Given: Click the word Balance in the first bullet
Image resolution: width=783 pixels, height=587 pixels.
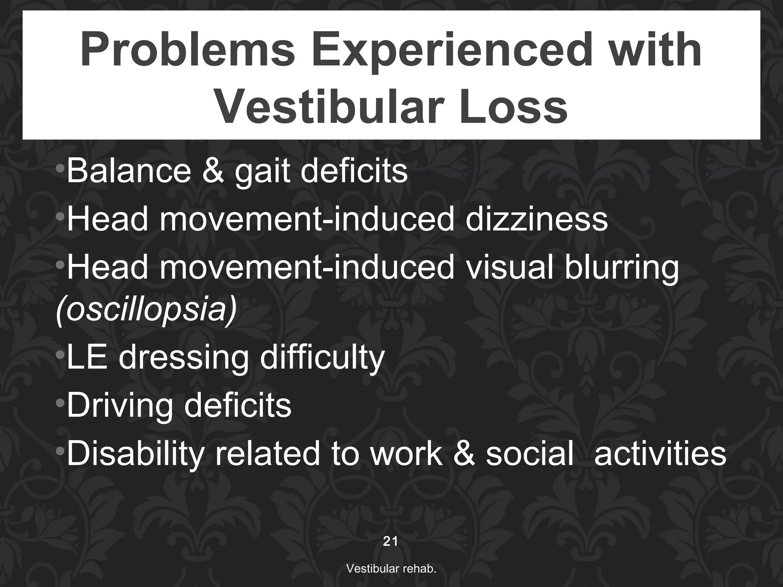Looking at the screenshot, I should tap(128, 171).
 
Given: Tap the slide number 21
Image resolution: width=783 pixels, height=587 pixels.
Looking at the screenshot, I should tap(390, 541).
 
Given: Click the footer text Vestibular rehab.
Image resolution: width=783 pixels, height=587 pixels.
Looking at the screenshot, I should tap(391, 569).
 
